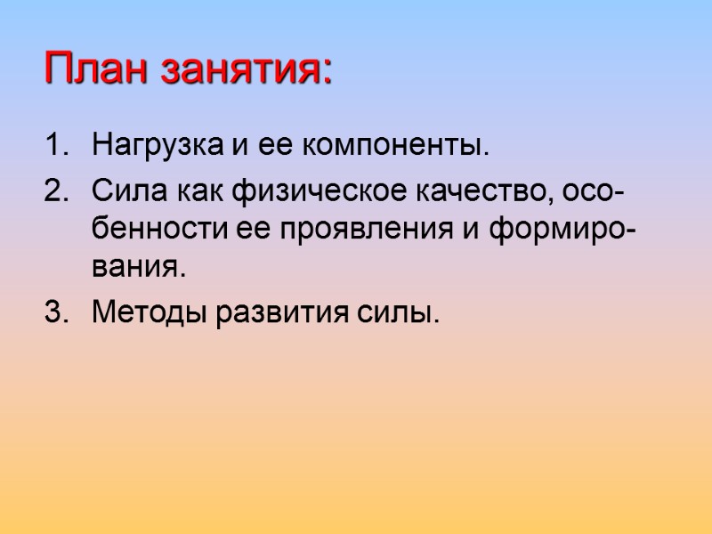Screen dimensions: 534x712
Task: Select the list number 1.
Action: tap(54, 144)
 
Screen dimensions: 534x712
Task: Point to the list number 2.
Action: tap(54, 191)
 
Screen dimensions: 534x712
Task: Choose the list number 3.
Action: tap(54, 312)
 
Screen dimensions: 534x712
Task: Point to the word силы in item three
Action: tap(406, 314)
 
